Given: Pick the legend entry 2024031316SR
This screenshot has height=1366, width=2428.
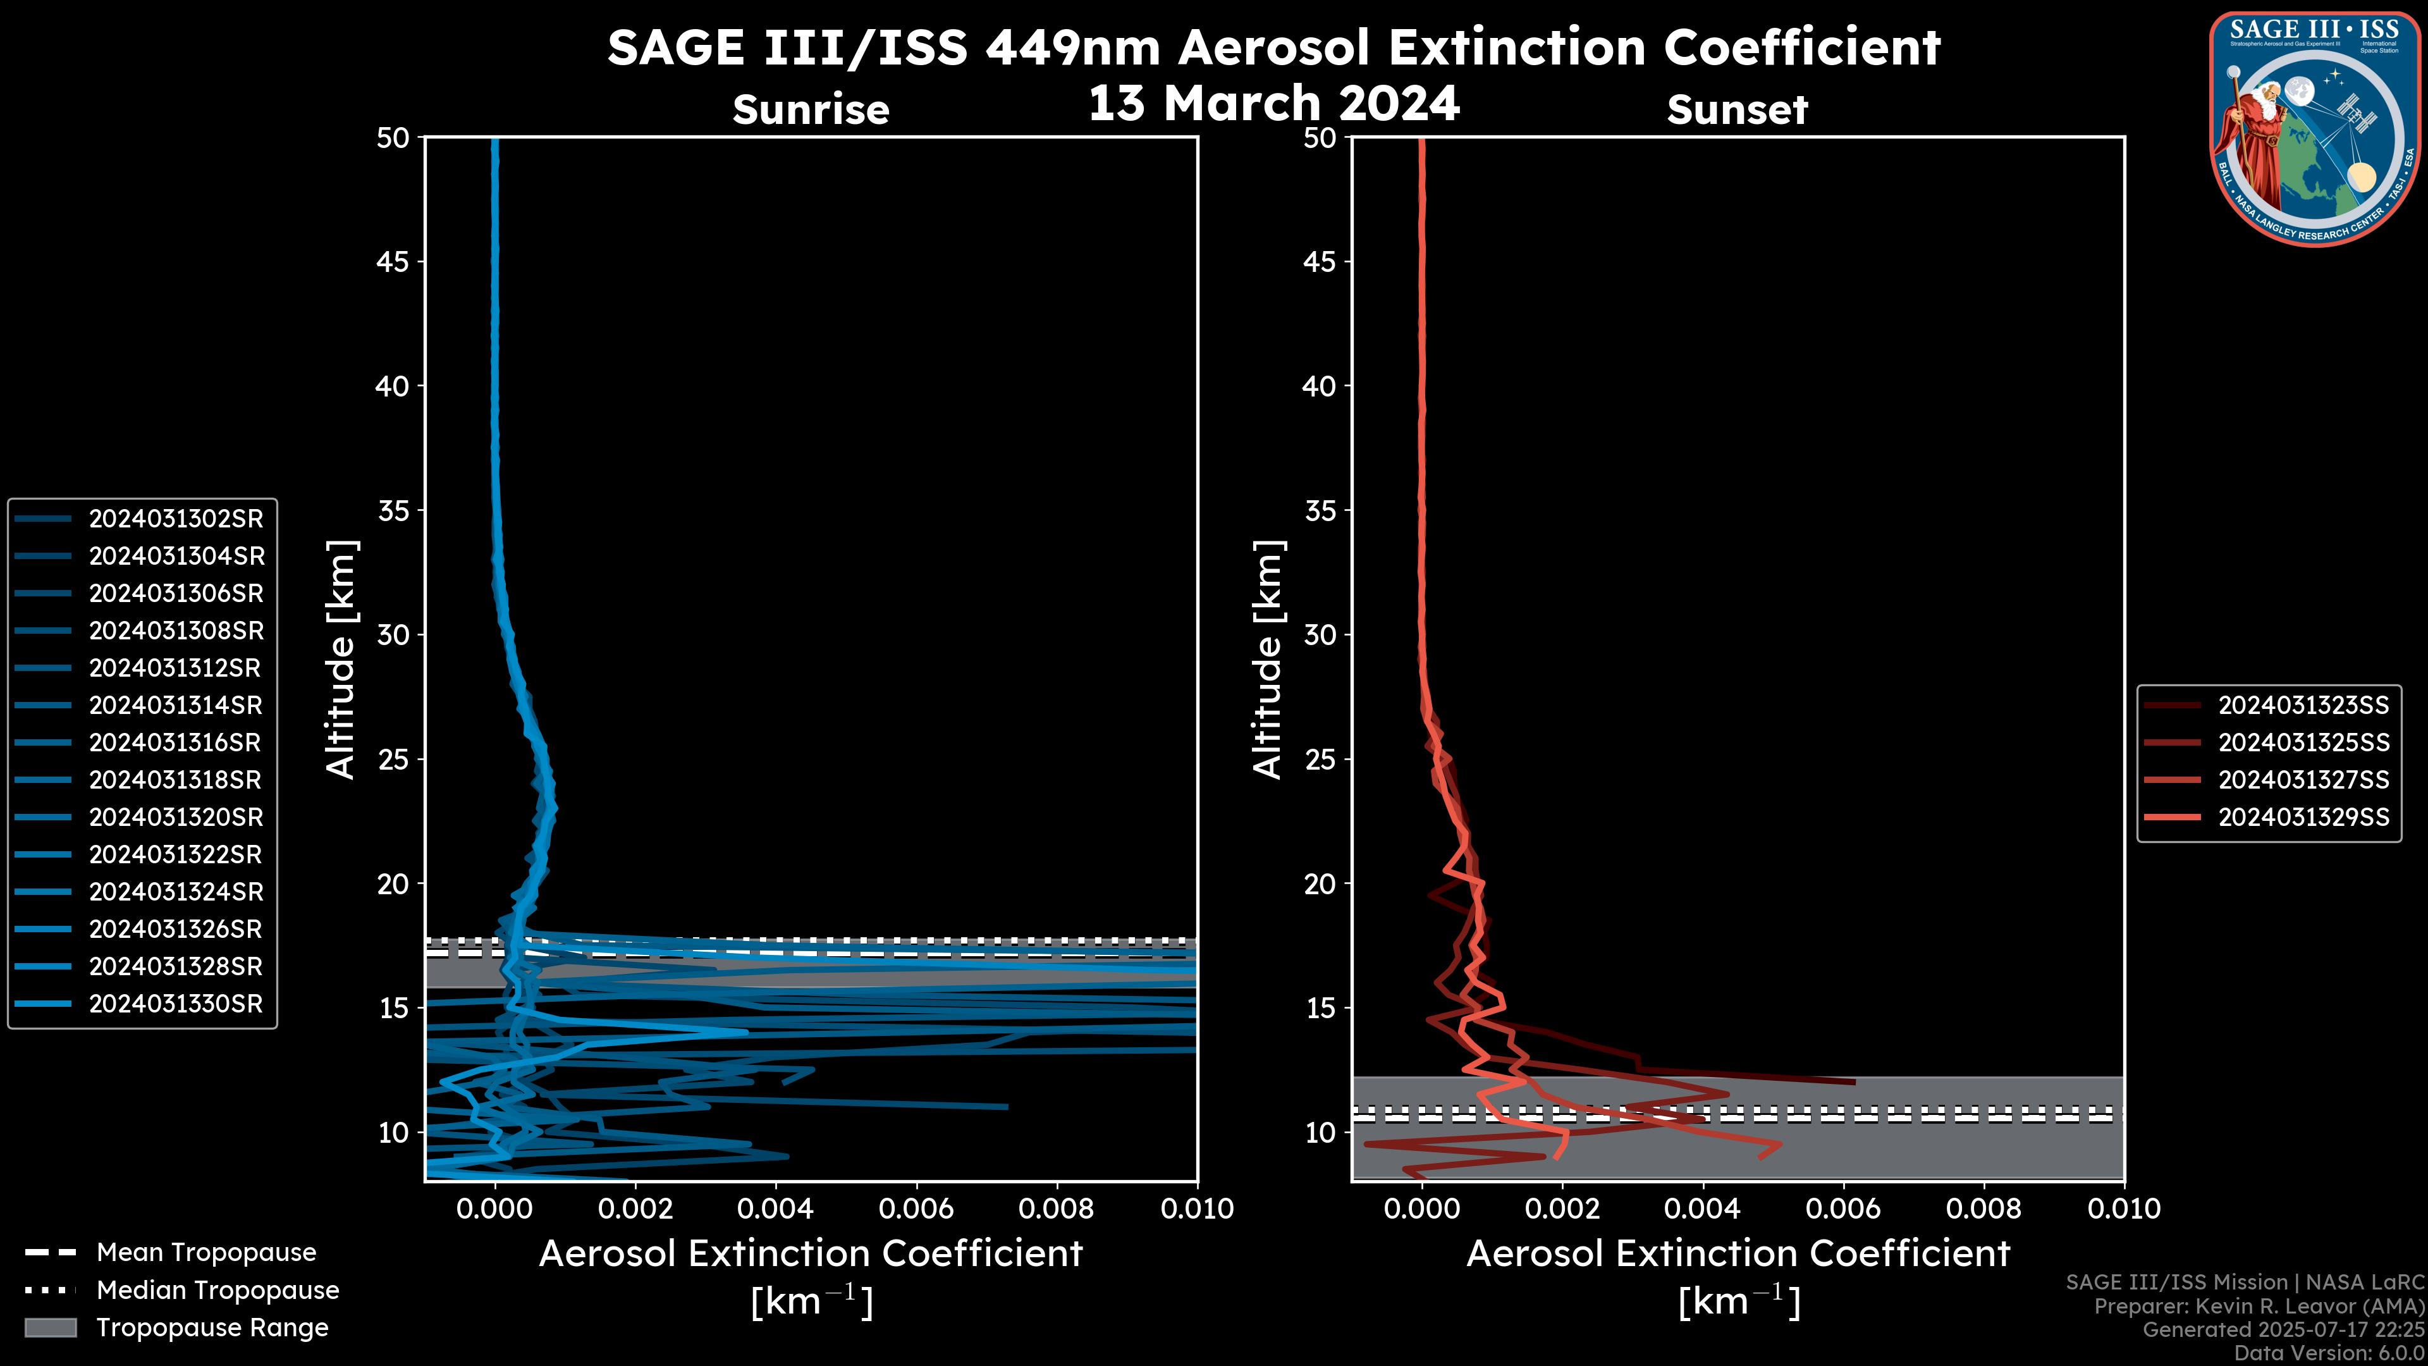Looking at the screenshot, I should click(x=175, y=743).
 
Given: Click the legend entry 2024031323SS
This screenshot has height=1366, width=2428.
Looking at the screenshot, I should click(x=2303, y=705).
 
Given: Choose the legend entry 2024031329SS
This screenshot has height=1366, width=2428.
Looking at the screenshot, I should click(x=2303, y=817).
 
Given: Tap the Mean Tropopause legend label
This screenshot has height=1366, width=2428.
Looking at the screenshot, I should click(x=206, y=1253).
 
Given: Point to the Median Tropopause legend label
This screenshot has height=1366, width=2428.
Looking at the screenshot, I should click(x=218, y=1291).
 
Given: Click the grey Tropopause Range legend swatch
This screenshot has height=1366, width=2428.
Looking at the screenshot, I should click(x=51, y=1327).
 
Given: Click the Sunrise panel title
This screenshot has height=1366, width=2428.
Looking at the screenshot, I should click(x=811, y=109).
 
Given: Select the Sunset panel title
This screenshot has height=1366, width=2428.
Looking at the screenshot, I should click(x=1737, y=109).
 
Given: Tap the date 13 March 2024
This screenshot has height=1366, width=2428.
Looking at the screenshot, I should click(x=1273, y=102).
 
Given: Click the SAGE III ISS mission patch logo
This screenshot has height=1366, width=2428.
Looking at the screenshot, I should click(x=2316, y=128).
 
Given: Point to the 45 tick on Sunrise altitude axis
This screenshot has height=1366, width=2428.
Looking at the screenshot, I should click(x=393, y=262).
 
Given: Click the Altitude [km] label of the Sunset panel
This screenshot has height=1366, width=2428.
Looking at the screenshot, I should click(x=1268, y=660).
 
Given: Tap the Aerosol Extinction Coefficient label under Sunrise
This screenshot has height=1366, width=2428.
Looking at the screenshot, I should click(x=811, y=1254).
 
